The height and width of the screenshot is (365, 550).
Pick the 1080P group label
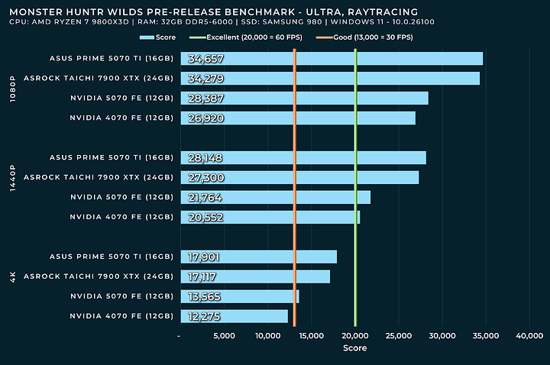click(12, 88)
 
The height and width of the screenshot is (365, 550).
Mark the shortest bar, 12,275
click(233, 316)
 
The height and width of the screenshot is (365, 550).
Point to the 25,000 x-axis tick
click(399, 335)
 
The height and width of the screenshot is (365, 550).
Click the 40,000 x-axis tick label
click(529, 335)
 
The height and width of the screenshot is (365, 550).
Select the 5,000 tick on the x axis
click(223, 335)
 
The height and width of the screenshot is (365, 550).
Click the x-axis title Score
click(354, 348)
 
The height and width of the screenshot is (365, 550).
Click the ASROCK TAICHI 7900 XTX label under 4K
click(99, 276)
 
